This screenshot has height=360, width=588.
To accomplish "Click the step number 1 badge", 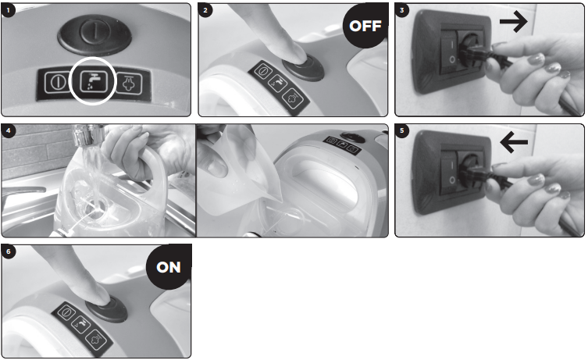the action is [9, 10].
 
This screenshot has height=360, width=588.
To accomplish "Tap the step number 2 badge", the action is [205, 10].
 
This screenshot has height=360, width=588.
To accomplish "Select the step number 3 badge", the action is [402, 10].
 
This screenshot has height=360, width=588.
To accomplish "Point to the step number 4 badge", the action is [9, 131].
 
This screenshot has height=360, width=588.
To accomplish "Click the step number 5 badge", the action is [402, 131].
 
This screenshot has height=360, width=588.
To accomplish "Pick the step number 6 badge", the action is [9, 251].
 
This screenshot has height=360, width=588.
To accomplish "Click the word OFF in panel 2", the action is [365, 26].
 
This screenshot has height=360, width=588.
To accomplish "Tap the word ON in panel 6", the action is [169, 267].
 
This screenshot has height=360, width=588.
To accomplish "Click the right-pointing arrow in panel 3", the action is [513, 21].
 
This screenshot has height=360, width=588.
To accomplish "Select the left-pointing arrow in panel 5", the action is [514, 142].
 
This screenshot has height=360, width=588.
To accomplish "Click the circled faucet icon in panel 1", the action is [94, 81].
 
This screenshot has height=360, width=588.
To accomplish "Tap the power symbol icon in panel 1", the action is [57, 82].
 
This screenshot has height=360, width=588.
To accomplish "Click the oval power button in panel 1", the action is [94, 35].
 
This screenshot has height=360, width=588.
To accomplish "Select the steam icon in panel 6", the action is [97, 340].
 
